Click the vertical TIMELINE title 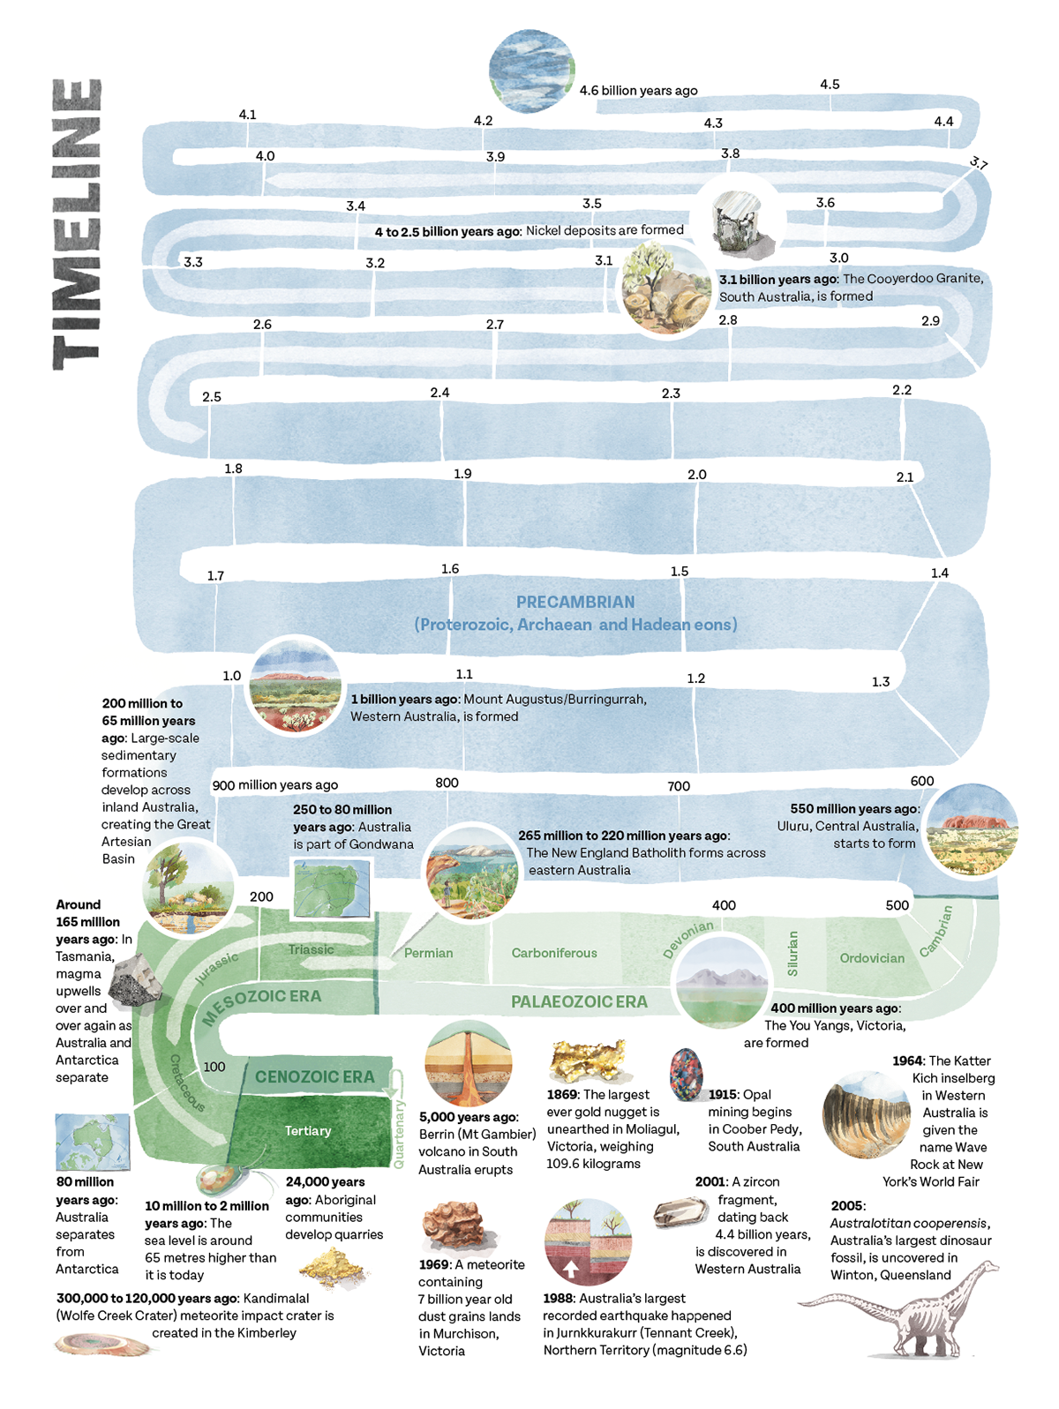(78, 225)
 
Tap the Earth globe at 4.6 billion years (531, 71)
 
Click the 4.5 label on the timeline (830, 85)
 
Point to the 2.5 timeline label (212, 397)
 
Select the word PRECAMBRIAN (575, 603)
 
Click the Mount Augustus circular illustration (295, 685)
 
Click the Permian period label (429, 953)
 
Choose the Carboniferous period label (554, 953)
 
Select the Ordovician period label (872, 958)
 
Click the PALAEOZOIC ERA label (579, 1001)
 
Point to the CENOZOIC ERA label (315, 1076)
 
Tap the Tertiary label (308, 1130)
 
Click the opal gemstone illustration (687, 1074)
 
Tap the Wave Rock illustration (866, 1114)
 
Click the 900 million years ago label (275, 784)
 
